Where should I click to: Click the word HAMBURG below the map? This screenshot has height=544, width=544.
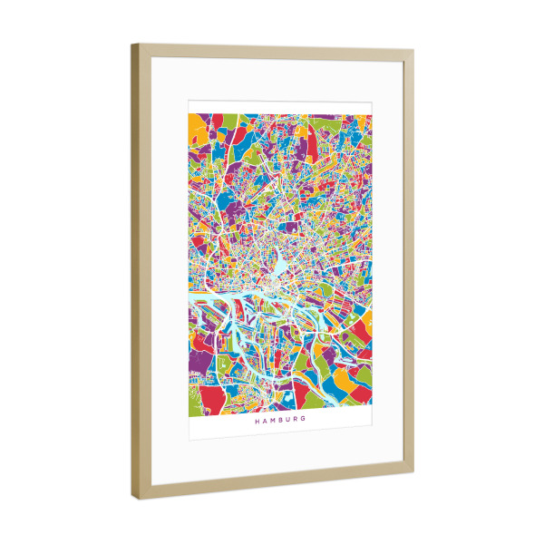[x=280, y=421]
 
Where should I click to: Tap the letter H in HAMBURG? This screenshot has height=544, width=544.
[x=257, y=421]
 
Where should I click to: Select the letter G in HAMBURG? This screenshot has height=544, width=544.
[x=304, y=421]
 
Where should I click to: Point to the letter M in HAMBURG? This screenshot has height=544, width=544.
[x=272, y=421]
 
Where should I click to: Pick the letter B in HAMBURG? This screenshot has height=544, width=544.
[x=280, y=421]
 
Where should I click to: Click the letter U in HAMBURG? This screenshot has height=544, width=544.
[x=288, y=421]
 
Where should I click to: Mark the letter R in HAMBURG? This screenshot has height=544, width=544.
[x=296, y=421]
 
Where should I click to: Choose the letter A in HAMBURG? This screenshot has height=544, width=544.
[x=264, y=421]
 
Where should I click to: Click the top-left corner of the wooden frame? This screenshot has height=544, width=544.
[x=132, y=45]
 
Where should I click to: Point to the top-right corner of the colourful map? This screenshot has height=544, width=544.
[x=372, y=115]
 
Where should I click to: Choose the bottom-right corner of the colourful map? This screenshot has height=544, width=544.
[x=372, y=407]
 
